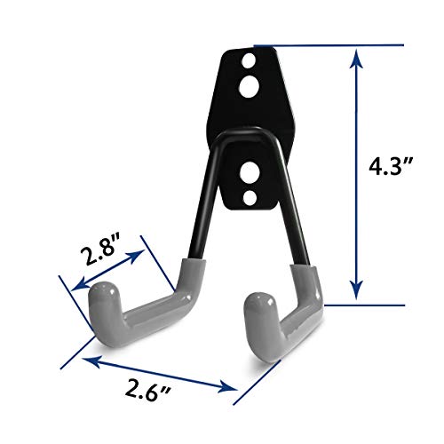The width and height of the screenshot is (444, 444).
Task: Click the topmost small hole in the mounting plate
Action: point(248,65)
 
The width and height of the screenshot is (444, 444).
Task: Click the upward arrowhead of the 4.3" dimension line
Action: point(356,56)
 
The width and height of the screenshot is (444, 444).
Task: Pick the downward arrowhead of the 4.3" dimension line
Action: point(356,294)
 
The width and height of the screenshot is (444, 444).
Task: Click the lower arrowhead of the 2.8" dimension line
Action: point(73,289)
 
